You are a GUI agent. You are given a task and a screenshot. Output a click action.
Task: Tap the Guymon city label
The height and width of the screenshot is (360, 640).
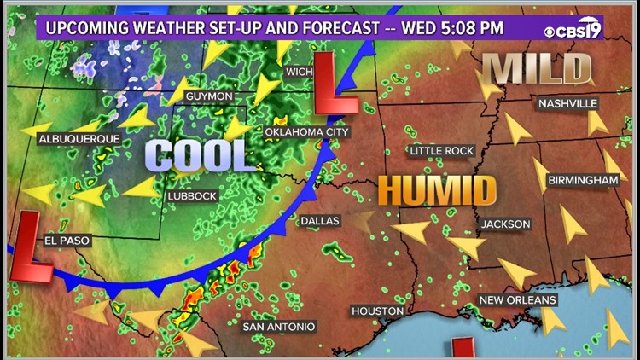tap(208, 96)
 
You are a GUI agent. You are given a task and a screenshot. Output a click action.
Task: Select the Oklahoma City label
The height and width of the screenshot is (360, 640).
tap(307, 132)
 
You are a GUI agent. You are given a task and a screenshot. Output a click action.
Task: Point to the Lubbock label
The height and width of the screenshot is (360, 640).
tap(193, 195)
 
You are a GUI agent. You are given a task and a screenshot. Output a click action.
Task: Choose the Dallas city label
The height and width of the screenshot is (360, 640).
tap(319, 220)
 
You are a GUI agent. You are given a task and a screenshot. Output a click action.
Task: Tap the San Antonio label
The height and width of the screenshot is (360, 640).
tap(279, 327)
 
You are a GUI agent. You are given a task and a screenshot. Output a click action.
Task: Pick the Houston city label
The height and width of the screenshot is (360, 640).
tap(376, 311)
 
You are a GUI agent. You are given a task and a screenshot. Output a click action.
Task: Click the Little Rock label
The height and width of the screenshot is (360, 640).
tap(441, 151)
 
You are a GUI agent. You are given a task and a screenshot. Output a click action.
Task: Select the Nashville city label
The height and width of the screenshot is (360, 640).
tap(567, 104)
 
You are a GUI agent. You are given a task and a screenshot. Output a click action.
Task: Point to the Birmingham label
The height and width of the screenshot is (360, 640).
tap(584, 180)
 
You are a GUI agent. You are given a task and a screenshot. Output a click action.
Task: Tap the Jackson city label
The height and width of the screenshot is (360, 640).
tap(506, 224)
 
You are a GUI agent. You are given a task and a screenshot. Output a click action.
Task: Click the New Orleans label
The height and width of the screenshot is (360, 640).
tap(517, 299)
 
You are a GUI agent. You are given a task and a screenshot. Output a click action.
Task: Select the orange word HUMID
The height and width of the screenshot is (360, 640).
tap(437, 190)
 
